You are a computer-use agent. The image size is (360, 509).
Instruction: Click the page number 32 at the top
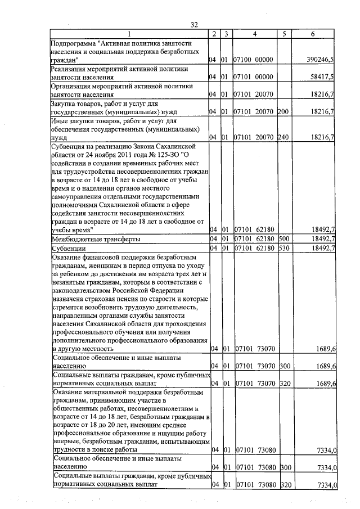coord(195,24)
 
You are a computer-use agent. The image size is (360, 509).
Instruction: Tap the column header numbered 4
coord(254,34)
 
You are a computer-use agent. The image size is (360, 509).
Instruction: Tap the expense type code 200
coord(282,112)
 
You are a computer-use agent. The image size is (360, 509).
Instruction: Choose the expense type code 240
coord(282,137)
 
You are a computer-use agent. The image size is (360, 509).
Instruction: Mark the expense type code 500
coord(282,239)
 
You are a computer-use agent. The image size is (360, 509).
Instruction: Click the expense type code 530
coord(282,248)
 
